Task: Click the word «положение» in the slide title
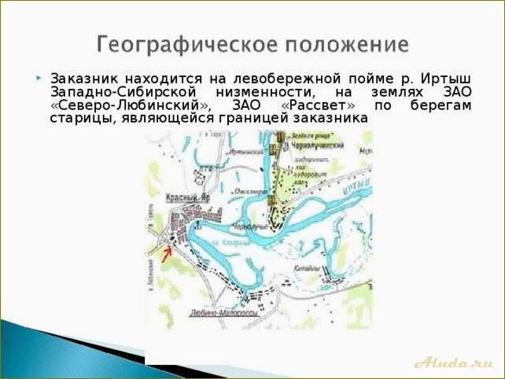pyautogui.click(x=343, y=42)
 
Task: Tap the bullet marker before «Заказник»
pyautogui.click(x=39, y=79)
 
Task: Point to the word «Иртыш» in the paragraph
pyautogui.click(x=448, y=79)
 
